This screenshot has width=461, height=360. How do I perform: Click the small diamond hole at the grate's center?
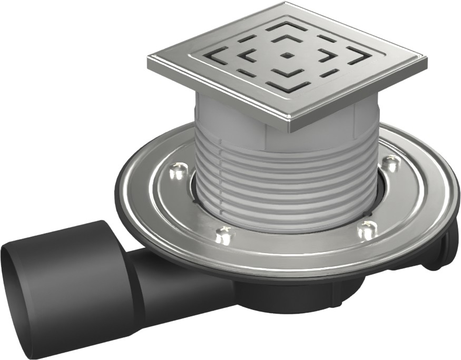[x=286, y=55]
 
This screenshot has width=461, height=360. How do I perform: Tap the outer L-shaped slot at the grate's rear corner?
[x=287, y=25]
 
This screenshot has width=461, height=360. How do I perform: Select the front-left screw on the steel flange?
[x=224, y=235]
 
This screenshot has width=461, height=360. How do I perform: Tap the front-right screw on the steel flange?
[x=367, y=230]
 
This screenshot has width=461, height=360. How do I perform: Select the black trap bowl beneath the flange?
[x=295, y=295]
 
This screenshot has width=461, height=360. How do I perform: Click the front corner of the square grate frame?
[x=292, y=126]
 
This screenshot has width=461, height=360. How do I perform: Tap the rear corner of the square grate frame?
[x=287, y=4]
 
